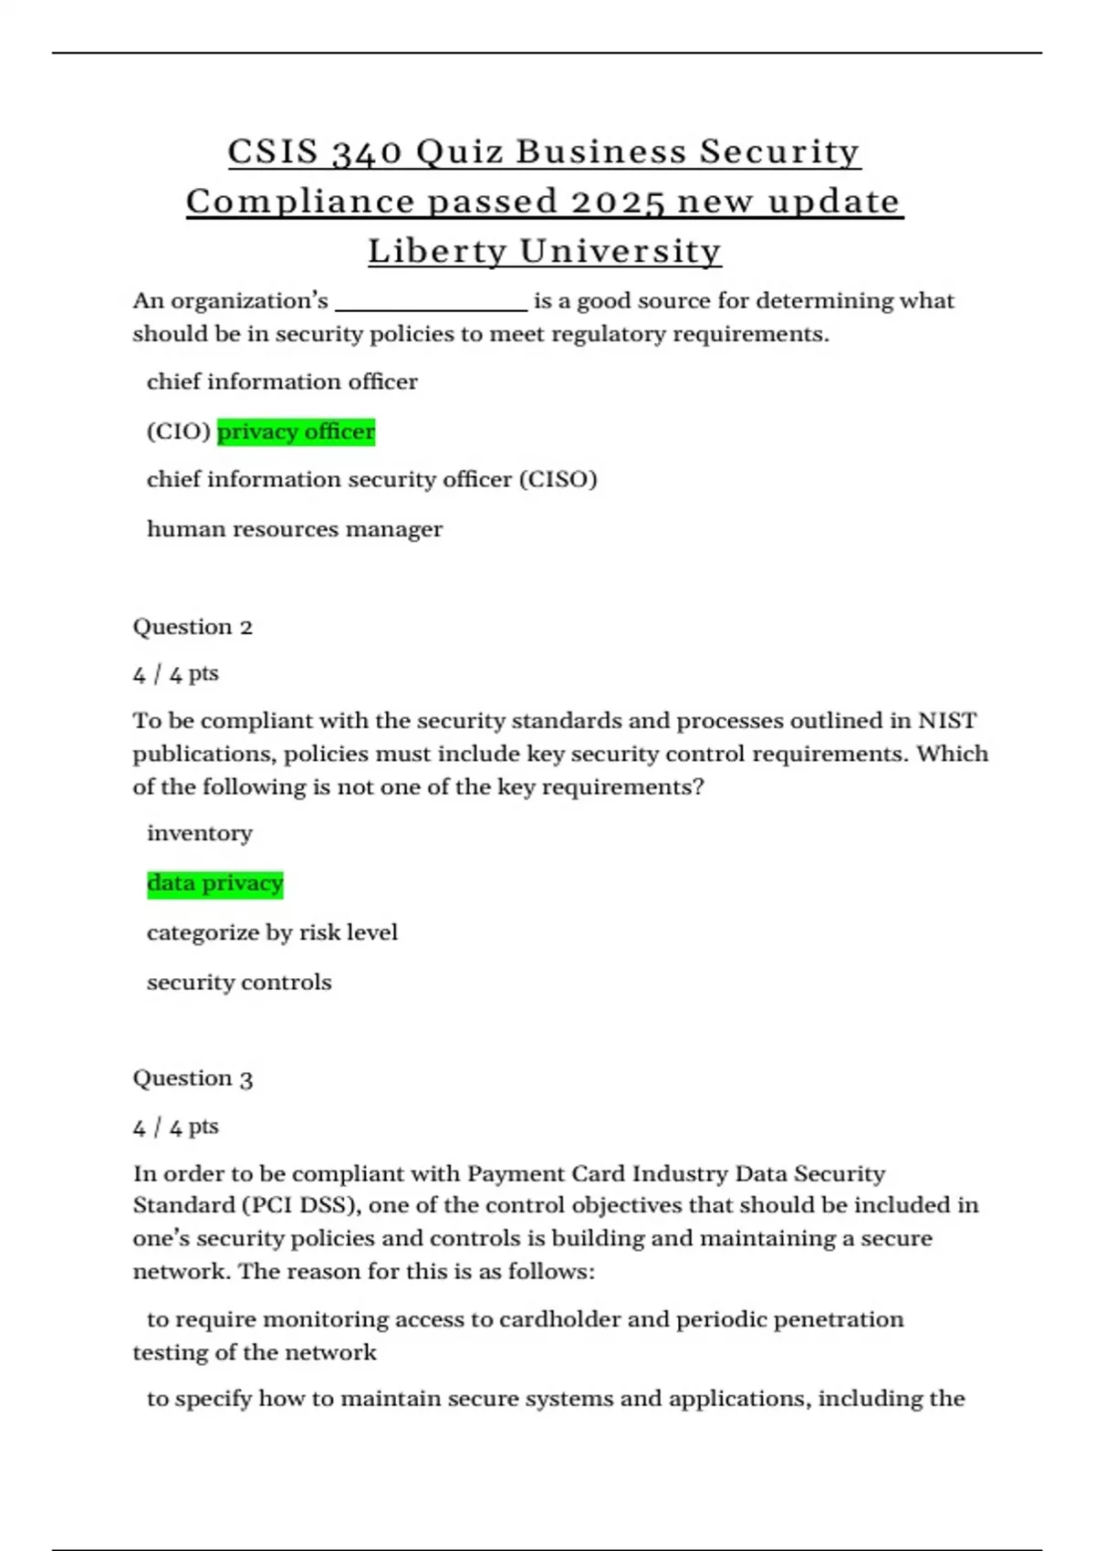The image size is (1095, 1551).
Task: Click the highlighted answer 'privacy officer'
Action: point(296,432)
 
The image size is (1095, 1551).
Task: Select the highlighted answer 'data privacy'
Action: point(215,883)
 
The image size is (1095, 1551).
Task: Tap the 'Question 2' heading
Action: point(193,627)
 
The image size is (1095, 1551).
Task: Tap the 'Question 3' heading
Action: point(193,1078)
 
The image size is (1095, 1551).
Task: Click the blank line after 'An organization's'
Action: point(431,303)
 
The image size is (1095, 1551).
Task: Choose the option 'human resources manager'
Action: point(294,529)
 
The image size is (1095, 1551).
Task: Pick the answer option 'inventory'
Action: point(199,833)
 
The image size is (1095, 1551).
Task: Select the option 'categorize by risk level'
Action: point(272,932)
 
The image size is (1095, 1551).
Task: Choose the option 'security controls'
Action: point(239,983)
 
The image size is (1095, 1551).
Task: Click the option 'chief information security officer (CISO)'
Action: point(371,480)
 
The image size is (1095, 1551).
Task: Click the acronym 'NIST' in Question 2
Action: point(947,721)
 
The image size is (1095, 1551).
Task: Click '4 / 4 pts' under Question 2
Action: point(175,674)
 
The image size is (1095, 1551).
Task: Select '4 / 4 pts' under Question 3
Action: point(175,1127)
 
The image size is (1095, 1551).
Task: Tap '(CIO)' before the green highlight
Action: point(179,432)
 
